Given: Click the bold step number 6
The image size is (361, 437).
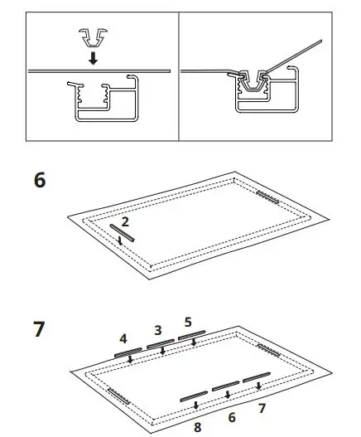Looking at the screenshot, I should pyautogui.click(x=40, y=182).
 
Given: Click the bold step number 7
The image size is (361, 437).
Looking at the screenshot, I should pyautogui.click(x=40, y=329).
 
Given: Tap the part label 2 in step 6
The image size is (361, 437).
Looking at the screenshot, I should pyautogui.click(x=125, y=222).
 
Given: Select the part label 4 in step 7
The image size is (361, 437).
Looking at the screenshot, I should pyautogui.click(x=123, y=338).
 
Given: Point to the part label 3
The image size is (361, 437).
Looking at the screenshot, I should pyautogui.click(x=157, y=330).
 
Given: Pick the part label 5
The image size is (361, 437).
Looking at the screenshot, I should pyautogui.click(x=188, y=322).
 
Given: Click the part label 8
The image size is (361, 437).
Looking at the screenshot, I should pyautogui.click(x=197, y=427).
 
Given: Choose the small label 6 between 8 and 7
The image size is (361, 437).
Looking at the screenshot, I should pyautogui.click(x=231, y=418).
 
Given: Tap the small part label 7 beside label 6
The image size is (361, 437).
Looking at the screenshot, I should pyautogui.click(x=262, y=408).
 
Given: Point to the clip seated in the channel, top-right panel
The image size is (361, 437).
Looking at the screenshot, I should pyautogui.click(x=254, y=84).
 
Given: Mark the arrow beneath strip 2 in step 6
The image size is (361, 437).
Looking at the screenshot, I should pyautogui.click(x=123, y=241).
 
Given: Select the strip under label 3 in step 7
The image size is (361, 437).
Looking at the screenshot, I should pyautogui.click(x=161, y=344).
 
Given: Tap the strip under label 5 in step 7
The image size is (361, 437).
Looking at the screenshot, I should pyautogui.click(x=191, y=336).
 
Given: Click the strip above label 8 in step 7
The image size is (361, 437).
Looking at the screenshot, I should pyautogui.click(x=195, y=395).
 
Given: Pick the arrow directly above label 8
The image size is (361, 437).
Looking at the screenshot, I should pyautogui.click(x=195, y=405).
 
